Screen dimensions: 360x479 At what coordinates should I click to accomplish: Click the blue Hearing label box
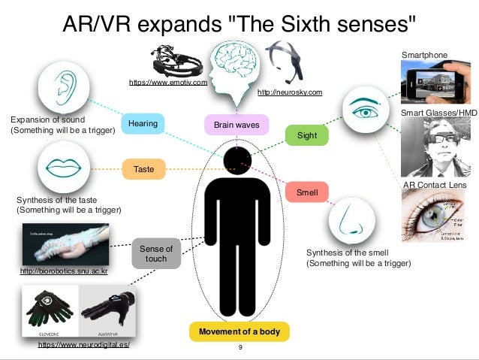click(x=143, y=124)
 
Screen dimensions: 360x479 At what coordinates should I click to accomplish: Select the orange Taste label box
click(x=143, y=169)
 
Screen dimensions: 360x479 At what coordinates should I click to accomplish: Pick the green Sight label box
click(x=307, y=136)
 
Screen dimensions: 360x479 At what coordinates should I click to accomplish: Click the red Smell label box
click(x=307, y=193)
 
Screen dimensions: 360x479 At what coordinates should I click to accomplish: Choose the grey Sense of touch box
click(x=157, y=254)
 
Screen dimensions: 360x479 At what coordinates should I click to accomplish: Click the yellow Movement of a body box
click(x=239, y=331)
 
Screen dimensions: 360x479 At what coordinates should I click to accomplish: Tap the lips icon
click(x=63, y=167)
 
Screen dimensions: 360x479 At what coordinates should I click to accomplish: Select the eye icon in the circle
click(x=366, y=111)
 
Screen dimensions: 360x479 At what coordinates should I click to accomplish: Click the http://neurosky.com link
click(x=290, y=92)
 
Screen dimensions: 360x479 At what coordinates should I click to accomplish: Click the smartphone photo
click(x=433, y=82)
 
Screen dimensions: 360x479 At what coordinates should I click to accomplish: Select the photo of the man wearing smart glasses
click(x=434, y=147)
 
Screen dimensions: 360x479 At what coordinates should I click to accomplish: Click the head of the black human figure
click(x=239, y=160)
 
